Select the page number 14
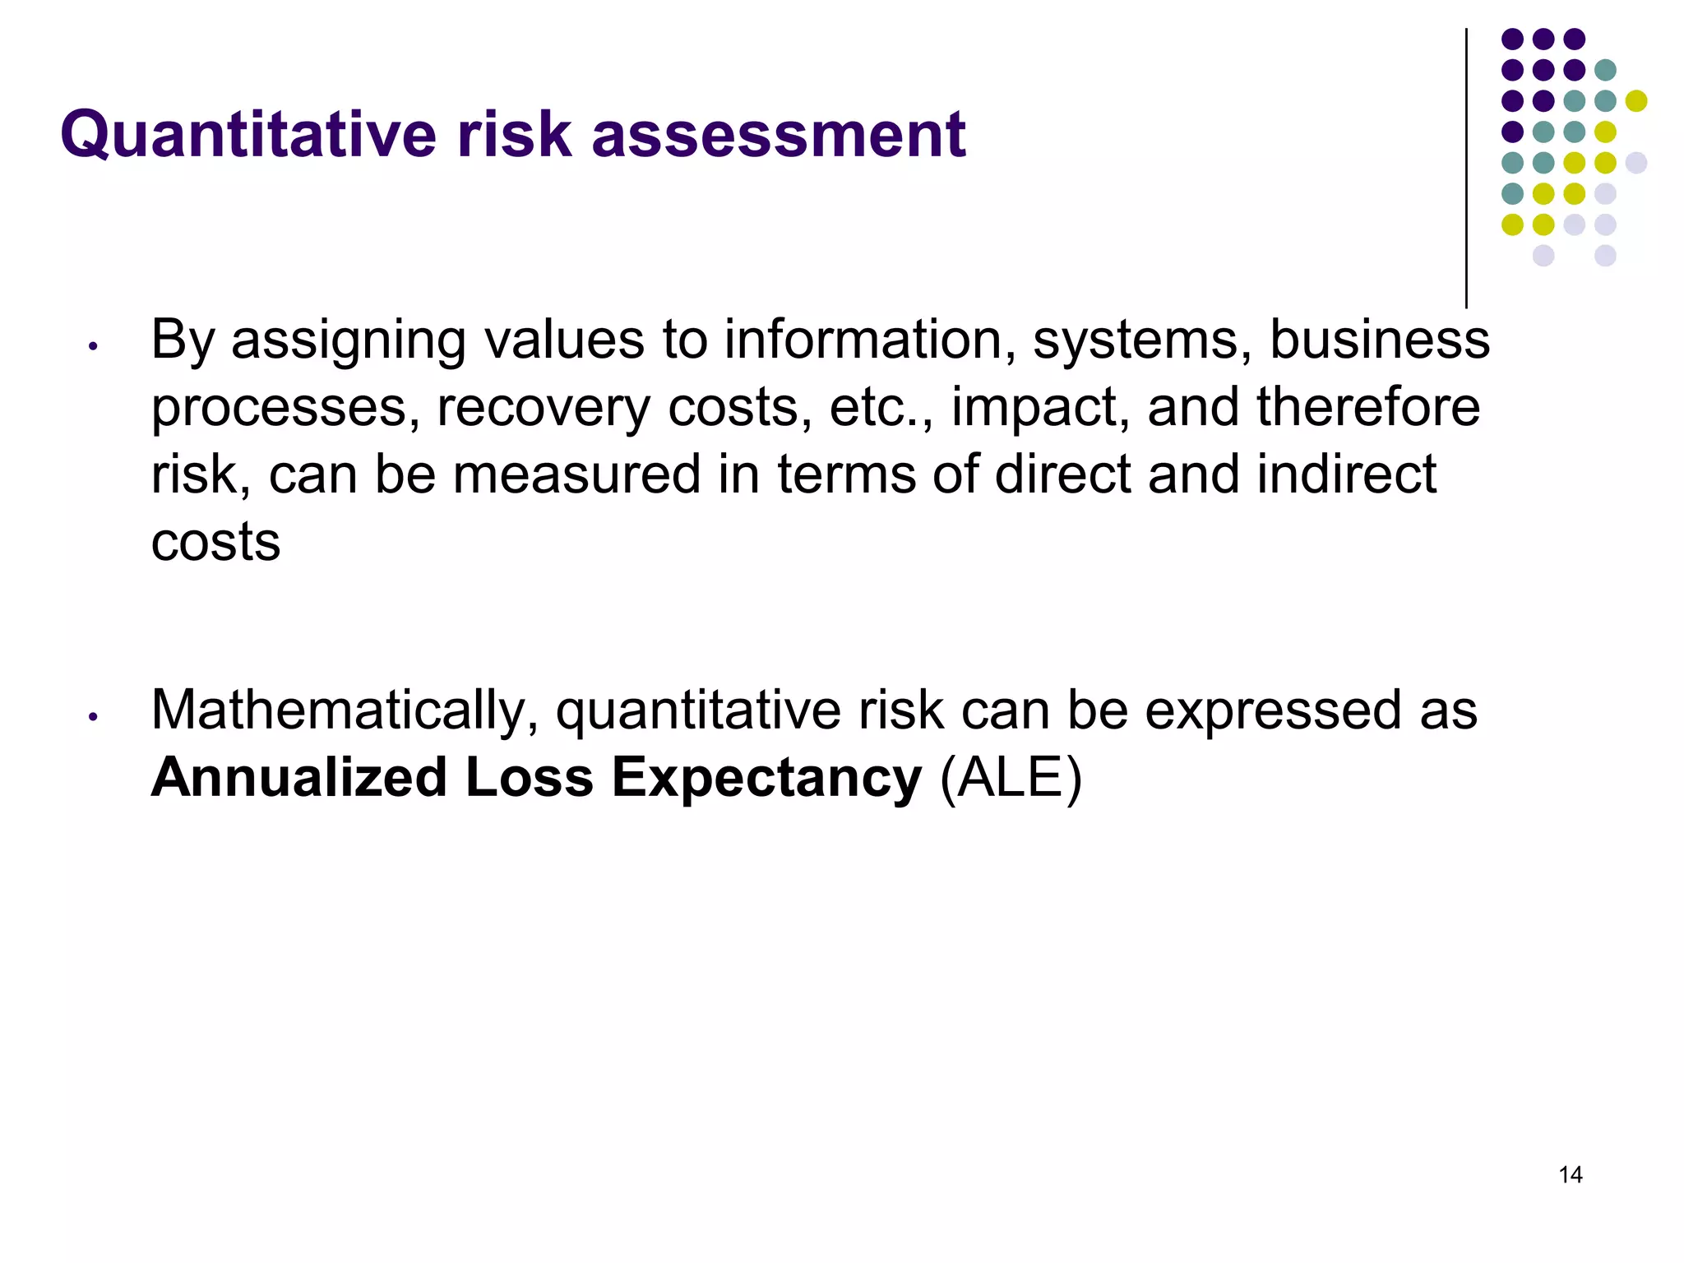[x=1570, y=1175]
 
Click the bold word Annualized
[x=298, y=778]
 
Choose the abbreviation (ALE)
[x=1011, y=778]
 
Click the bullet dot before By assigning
[x=94, y=346]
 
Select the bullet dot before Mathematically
[x=94, y=717]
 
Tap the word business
[x=1379, y=339]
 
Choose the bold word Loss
[x=529, y=778]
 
